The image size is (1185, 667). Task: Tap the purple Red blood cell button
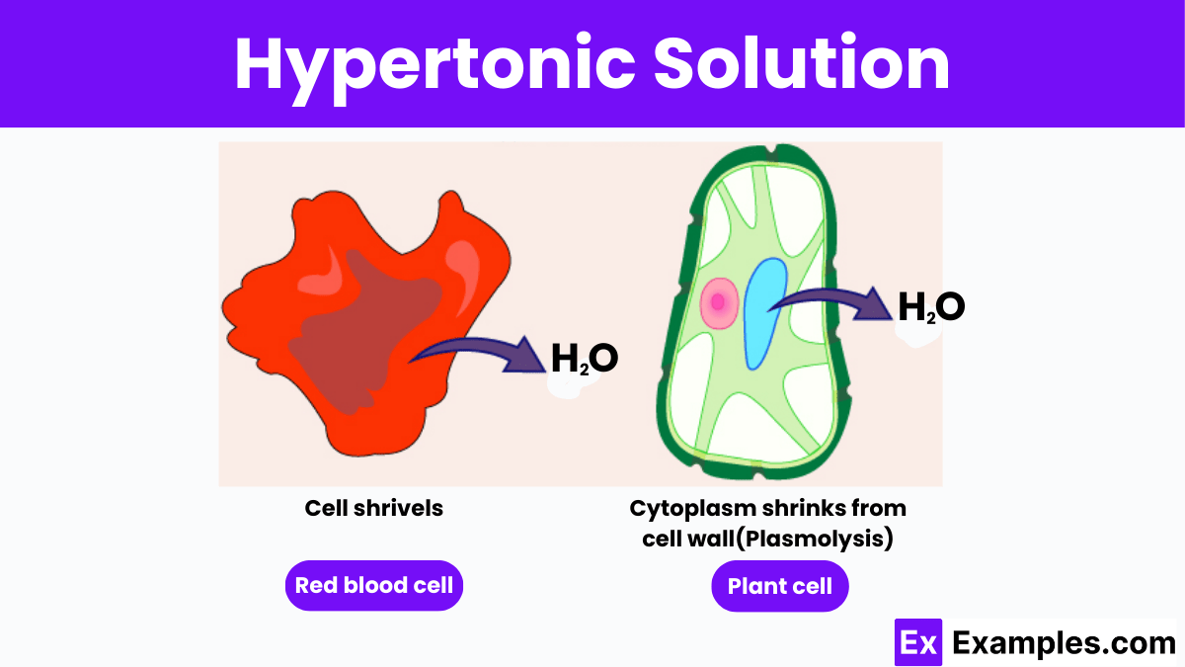coord(374,585)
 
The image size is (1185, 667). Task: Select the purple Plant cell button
coord(779,586)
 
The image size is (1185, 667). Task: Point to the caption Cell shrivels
coord(373,508)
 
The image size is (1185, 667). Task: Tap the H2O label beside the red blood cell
coord(585,358)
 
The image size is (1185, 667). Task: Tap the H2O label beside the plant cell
coord(930,307)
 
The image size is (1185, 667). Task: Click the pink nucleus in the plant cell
coord(718,301)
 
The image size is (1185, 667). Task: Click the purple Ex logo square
coord(918,643)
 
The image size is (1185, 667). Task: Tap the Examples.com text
coord(1064,643)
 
